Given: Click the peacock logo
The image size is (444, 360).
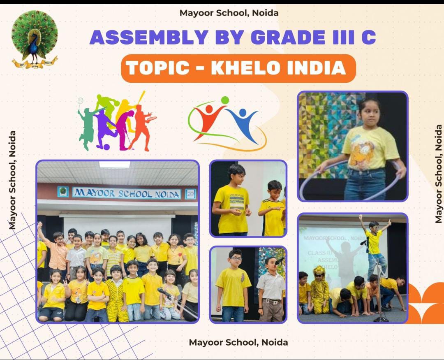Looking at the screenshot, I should tap(35, 39).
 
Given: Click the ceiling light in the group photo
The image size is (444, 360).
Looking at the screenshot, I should tap(114, 165).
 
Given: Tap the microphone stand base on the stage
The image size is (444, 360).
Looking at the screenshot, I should tap(380, 319).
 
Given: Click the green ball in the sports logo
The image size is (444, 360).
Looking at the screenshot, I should tap(225, 100).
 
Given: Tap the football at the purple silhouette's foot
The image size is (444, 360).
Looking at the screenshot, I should tap(106, 146).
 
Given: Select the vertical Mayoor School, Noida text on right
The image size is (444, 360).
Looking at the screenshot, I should tap(439, 174).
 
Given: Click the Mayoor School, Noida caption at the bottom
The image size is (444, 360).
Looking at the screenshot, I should tap(238, 342).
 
